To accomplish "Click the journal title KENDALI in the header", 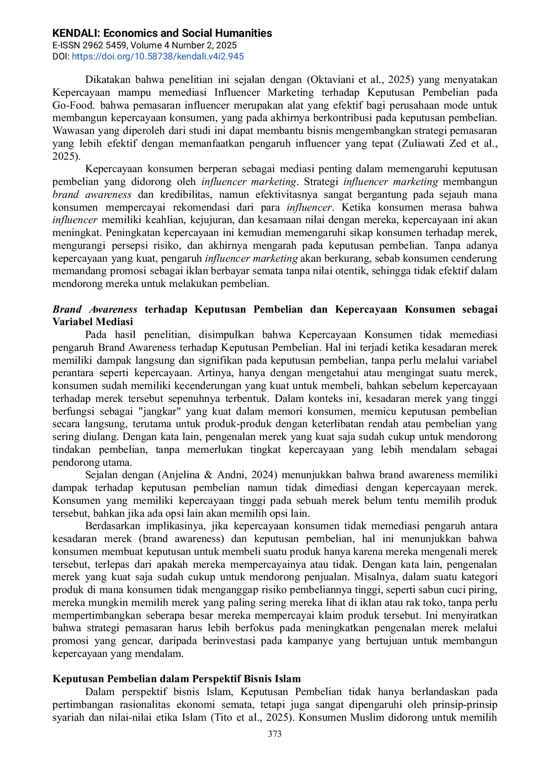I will pos(76,33).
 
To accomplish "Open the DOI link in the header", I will pos(157,56).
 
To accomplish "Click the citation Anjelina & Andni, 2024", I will pos(218,475).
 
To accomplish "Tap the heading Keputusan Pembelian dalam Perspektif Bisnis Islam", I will pos(177,679).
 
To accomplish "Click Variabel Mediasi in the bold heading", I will pos(93,322).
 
